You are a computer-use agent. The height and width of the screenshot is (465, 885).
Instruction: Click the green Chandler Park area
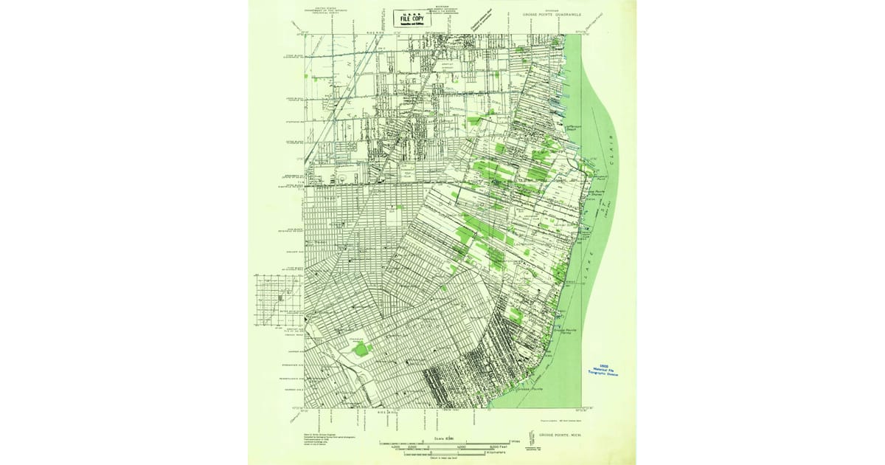[362, 348]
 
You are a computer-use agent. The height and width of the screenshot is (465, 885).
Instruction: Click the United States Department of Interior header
[323, 10]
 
